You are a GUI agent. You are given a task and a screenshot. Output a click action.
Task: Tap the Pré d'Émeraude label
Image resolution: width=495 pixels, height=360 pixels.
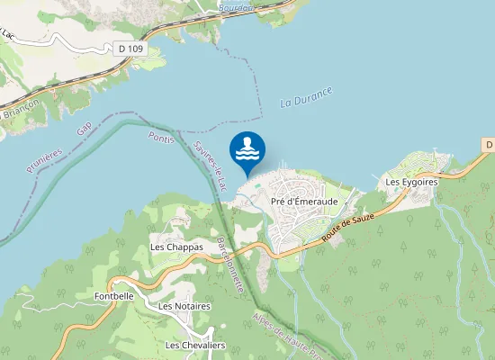pyautogui.click(x=304, y=202)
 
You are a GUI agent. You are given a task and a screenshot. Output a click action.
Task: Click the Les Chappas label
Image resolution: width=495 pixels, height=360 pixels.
pyautogui.click(x=176, y=247)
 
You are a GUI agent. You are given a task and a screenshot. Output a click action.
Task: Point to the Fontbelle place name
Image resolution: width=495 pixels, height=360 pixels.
pyautogui.click(x=114, y=295)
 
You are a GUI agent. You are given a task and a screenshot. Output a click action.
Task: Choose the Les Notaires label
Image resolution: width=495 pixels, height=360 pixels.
pyautogui.click(x=184, y=306)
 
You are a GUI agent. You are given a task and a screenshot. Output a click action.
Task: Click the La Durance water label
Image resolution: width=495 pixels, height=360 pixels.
pyautogui.click(x=306, y=96)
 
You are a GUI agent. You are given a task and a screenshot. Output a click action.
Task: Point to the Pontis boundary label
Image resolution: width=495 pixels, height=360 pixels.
pyautogui.click(x=160, y=141)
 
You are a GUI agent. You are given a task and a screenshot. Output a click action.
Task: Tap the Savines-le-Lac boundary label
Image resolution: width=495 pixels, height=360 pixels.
pyautogui.click(x=209, y=165)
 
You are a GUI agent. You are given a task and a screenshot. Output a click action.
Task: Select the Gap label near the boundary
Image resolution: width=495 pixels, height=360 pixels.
pyautogui.click(x=85, y=130)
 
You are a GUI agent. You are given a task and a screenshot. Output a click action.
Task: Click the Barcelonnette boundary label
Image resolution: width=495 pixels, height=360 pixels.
pyautogui.click(x=231, y=263)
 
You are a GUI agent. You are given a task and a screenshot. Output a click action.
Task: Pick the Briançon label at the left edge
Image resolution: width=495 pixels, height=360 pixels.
pyautogui.click(x=18, y=113)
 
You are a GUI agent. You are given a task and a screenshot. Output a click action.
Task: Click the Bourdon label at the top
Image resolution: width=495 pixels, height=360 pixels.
pyautogui.click(x=236, y=6)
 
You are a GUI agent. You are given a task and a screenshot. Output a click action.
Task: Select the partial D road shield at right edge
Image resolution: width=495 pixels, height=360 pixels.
pyautogui.click(x=489, y=145)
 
